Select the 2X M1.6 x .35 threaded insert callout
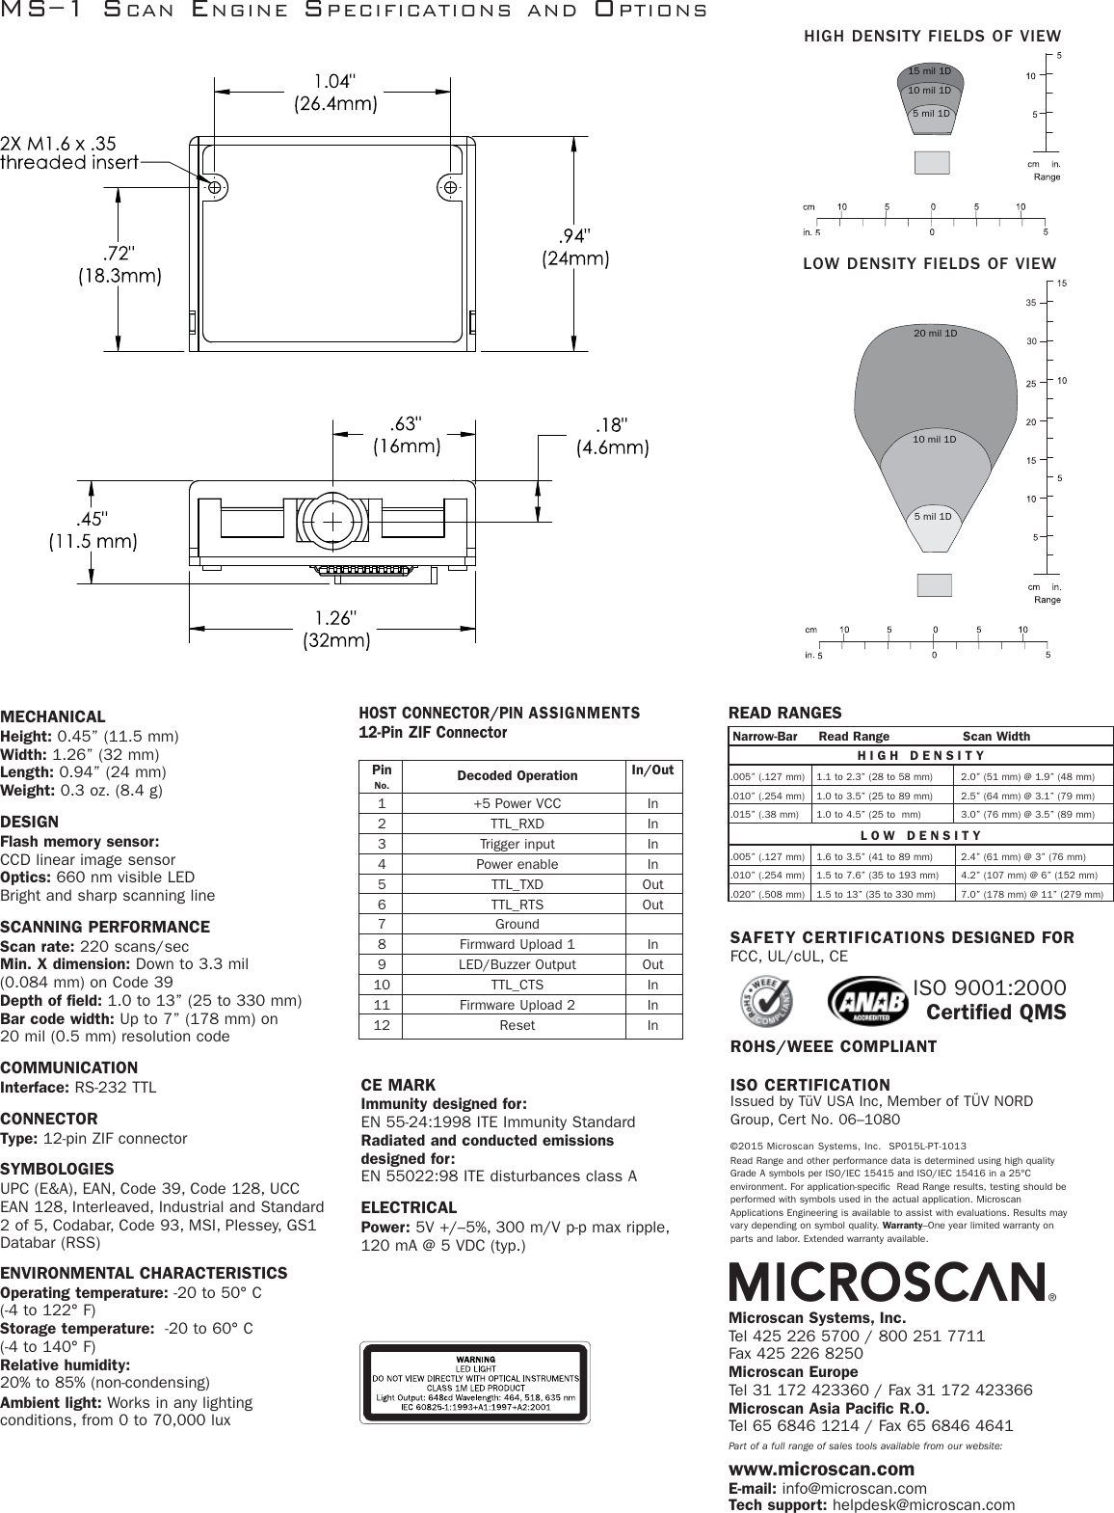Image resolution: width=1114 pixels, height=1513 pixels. (70, 152)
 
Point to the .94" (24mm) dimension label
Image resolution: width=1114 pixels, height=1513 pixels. (573, 247)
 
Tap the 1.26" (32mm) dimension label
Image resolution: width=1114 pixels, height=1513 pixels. (337, 628)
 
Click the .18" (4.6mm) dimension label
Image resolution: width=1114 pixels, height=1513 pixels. (612, 436)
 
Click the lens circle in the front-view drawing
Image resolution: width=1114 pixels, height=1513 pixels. (332, 522)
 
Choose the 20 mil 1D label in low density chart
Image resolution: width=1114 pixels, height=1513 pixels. (935, 334)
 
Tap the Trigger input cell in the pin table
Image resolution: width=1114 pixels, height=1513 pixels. (517, 844)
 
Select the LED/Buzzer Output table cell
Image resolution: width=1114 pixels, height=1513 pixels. (517, 964)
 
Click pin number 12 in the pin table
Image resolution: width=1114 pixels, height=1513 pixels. (383, 1025)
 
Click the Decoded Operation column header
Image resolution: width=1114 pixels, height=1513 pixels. (517, 775)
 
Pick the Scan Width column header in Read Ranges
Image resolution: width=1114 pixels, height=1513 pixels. (996, 736)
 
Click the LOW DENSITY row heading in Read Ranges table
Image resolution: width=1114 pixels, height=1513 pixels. (920, 836)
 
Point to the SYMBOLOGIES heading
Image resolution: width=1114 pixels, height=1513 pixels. (57, 1169)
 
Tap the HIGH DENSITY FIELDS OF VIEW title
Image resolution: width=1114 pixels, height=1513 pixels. (932, 37)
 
